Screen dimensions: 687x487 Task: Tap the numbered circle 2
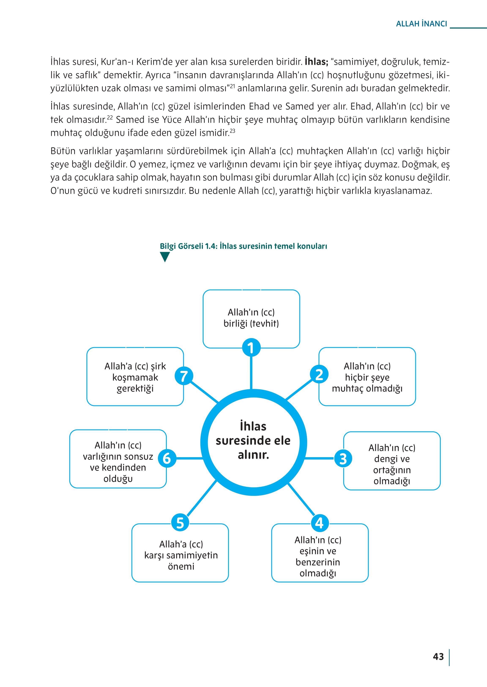[319, 375]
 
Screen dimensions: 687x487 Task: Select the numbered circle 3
[343, 458]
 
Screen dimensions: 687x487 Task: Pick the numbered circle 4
[319, 523]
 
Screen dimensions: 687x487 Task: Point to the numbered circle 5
[180, 523]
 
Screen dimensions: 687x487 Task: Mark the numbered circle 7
[184, 376]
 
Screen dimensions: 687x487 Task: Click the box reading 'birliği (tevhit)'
[251, 318]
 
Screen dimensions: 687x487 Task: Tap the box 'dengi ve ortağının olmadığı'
[392, 464]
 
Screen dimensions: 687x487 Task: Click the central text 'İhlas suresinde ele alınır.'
[253, 441]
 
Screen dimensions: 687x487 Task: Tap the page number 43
[438, 657]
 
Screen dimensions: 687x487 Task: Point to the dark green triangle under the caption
[165, 257]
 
